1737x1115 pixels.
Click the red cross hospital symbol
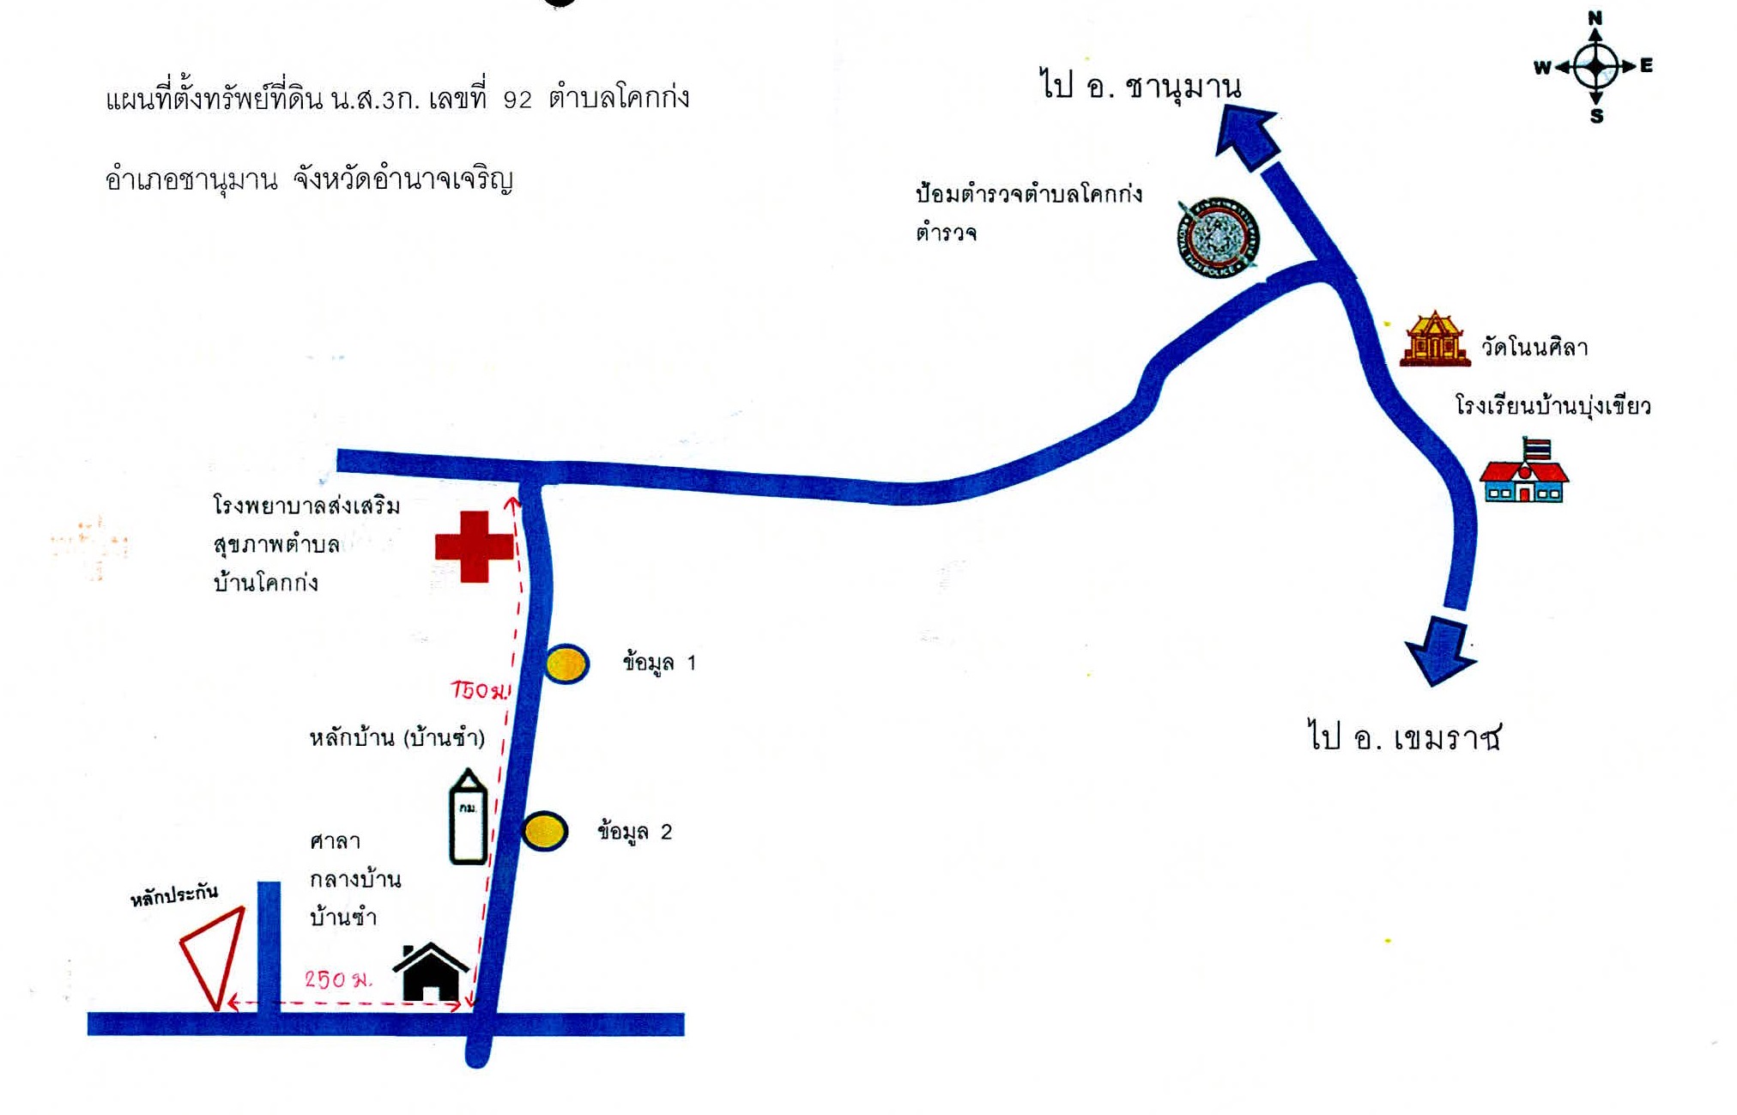474,547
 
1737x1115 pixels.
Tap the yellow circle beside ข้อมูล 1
566,664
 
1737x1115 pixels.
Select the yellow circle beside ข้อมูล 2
544,831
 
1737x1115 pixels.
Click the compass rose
1595,67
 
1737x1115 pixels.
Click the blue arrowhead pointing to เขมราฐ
1441,651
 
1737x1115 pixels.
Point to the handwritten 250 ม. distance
338,979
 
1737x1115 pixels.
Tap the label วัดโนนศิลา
1534,348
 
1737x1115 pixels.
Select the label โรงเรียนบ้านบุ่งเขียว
1552,405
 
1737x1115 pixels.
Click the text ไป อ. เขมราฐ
1405,737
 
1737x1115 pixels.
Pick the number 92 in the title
517,100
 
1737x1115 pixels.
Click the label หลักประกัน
174,894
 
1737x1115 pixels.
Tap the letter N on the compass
1595,18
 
